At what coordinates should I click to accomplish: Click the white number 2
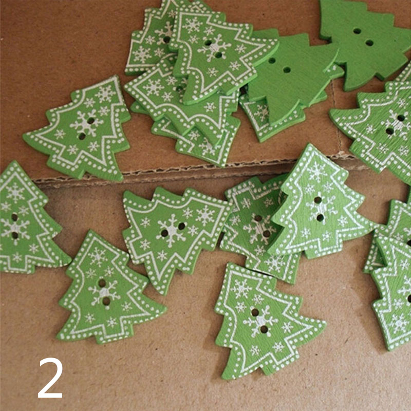tap(50, 378)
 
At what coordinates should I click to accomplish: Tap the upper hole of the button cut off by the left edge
tap(14, 217)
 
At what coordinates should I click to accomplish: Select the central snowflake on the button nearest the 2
tap(104, 292)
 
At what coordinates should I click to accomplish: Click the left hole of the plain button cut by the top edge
tap(357, 31)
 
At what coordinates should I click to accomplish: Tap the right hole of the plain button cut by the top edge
tap(369, 43)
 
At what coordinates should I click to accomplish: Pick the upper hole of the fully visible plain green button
tap(272, 61)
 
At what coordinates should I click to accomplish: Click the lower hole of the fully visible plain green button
tap(287, 70)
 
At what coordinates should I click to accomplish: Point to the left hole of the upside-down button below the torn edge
tap(164, 233)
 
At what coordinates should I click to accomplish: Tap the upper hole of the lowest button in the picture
tap(255, 312)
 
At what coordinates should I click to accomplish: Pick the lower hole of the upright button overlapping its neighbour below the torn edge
tap(320, 217)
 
